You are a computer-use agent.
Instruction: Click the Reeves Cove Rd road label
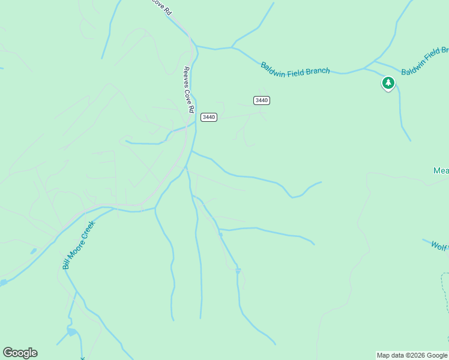click(x=188, y=89)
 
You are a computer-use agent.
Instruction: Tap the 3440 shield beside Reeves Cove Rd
click(x=208, y=117)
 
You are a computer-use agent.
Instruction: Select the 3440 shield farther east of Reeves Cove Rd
click(x=261, y=100)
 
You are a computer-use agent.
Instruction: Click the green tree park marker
click(x=388, y=83)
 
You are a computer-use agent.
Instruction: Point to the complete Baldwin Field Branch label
click(x=295, y=68)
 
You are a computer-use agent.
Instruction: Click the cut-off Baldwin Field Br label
click(x=424, y=61)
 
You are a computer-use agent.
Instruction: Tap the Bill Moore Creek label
click(x=79, y=245)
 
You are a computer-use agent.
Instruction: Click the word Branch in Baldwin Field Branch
click(x=318, y=71)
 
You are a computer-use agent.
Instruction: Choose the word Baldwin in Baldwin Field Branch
click(x=272, y=65)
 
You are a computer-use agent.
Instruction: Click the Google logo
click(x=20, y=353)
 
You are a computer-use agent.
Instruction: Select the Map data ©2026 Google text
click(x=412, y=355)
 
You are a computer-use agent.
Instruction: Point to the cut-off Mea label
click(x=441, y=171)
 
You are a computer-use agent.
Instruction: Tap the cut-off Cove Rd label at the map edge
click(x=161, y=7)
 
